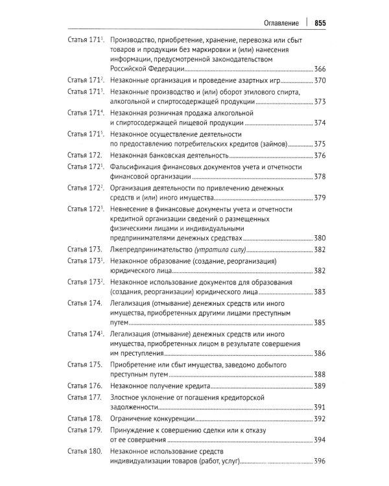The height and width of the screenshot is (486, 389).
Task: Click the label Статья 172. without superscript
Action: (85, 156)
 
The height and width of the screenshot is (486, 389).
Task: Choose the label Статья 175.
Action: (85, 364)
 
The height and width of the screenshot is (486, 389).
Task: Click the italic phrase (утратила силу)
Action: (221, 249)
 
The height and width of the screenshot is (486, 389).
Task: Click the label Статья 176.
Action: (85, 386)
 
